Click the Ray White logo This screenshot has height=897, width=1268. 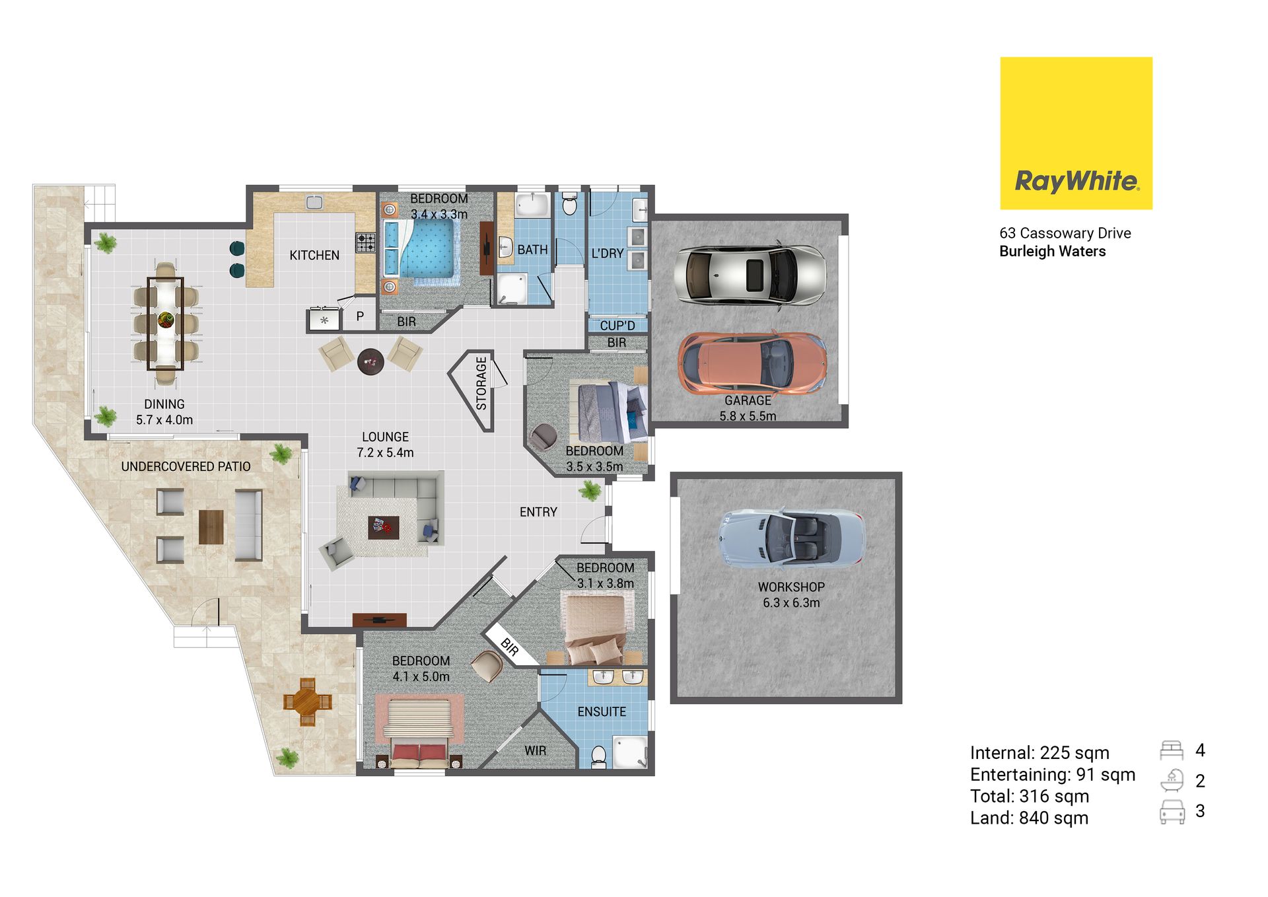pyautogui.click(x=1076, y=133)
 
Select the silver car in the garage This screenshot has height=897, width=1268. pyautogui.click(x=750, y=275)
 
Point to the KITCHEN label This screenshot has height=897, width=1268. pyautogui.click(x=314, y=255)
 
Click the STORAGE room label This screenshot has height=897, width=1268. pyautogui.click(x=481, y=383)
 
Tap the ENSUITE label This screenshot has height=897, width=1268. pyautogui.click(x=602, y=711)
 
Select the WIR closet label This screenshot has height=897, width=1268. pyautogui.click(x=535, y=750)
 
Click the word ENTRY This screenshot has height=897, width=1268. pyautogui.click(x=538, y=512)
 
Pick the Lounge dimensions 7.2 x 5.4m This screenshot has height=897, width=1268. pyautogui.click(x=385, y=452)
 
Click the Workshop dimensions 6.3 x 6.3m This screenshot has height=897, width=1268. pyautogui.click(x=791, y=602)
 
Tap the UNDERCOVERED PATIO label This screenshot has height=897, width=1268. pyautogui.click(x=186, y=466)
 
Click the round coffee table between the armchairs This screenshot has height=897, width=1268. pyautogui.click(x=370, y=362)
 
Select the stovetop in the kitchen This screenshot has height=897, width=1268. pyautogui.click(x=366, y=242)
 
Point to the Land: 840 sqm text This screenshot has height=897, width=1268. pyautogui.click(x=1029, y=818)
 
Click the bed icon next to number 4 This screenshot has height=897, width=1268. pyautogui.click(x=1172, y=750)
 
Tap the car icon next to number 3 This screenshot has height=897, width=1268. pyautogui.click(x=1172, y=812)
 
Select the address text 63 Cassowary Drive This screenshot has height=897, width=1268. pyautogui.click(x=1065, y=233)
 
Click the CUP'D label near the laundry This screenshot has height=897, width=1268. pyautogui.click(x=617, y=326)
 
